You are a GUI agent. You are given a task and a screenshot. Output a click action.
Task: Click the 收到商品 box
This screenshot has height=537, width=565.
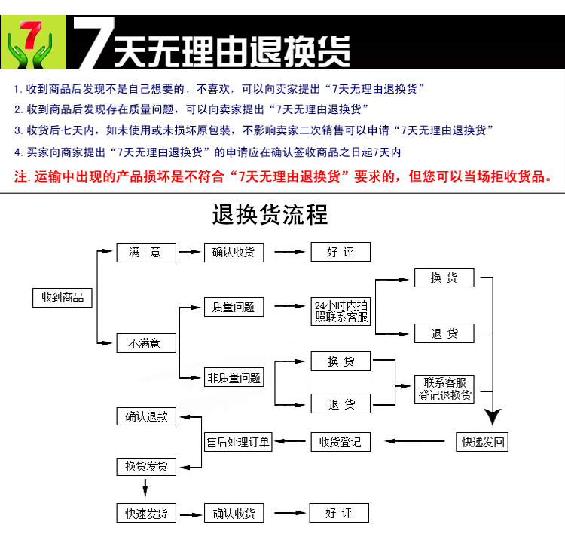(x=63, y=297)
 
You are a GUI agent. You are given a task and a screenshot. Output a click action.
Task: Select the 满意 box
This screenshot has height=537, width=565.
(x=146, y=253)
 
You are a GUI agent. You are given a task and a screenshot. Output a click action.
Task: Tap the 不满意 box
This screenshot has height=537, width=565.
(x=146, y=343)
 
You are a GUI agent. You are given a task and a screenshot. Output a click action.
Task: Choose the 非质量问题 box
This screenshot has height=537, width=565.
(x=234, y=377)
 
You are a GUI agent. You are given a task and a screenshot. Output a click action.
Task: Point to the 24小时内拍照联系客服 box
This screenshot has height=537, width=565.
(x=341, y=311)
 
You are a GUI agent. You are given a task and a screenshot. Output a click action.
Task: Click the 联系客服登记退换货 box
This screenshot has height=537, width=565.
(x=444, y=389)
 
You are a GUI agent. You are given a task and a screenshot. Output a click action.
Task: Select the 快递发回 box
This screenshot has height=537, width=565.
(x=482, y=442)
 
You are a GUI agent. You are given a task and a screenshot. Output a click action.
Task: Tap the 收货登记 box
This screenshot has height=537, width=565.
(x=341, y=442)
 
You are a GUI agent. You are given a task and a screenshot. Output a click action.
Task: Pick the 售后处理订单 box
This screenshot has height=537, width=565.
(x=238, y=442)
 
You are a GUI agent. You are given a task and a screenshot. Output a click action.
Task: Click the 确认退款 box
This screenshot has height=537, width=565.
(x=146, y=416)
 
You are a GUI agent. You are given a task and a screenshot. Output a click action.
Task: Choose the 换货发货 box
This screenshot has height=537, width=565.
(x=146, y=467)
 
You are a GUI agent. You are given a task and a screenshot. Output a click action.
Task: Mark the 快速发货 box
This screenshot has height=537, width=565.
(x=146, y=513)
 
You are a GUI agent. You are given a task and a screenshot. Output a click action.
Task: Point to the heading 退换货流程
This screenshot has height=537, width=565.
(x=270, y=215)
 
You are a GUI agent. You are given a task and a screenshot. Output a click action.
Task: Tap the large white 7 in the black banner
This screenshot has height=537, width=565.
(x=94, y=42)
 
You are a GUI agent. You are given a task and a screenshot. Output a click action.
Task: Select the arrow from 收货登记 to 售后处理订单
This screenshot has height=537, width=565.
(x=290, y=441)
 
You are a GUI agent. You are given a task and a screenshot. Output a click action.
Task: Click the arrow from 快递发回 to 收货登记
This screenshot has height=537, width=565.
(x=415, y=441)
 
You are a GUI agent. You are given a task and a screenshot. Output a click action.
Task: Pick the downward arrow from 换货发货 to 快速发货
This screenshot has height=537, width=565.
(x=145, y=488)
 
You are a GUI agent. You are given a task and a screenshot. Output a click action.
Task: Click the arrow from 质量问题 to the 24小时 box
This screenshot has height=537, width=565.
(x=290, y=306)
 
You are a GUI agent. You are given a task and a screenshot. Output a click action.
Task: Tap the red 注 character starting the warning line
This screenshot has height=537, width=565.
(x=21, y=177)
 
